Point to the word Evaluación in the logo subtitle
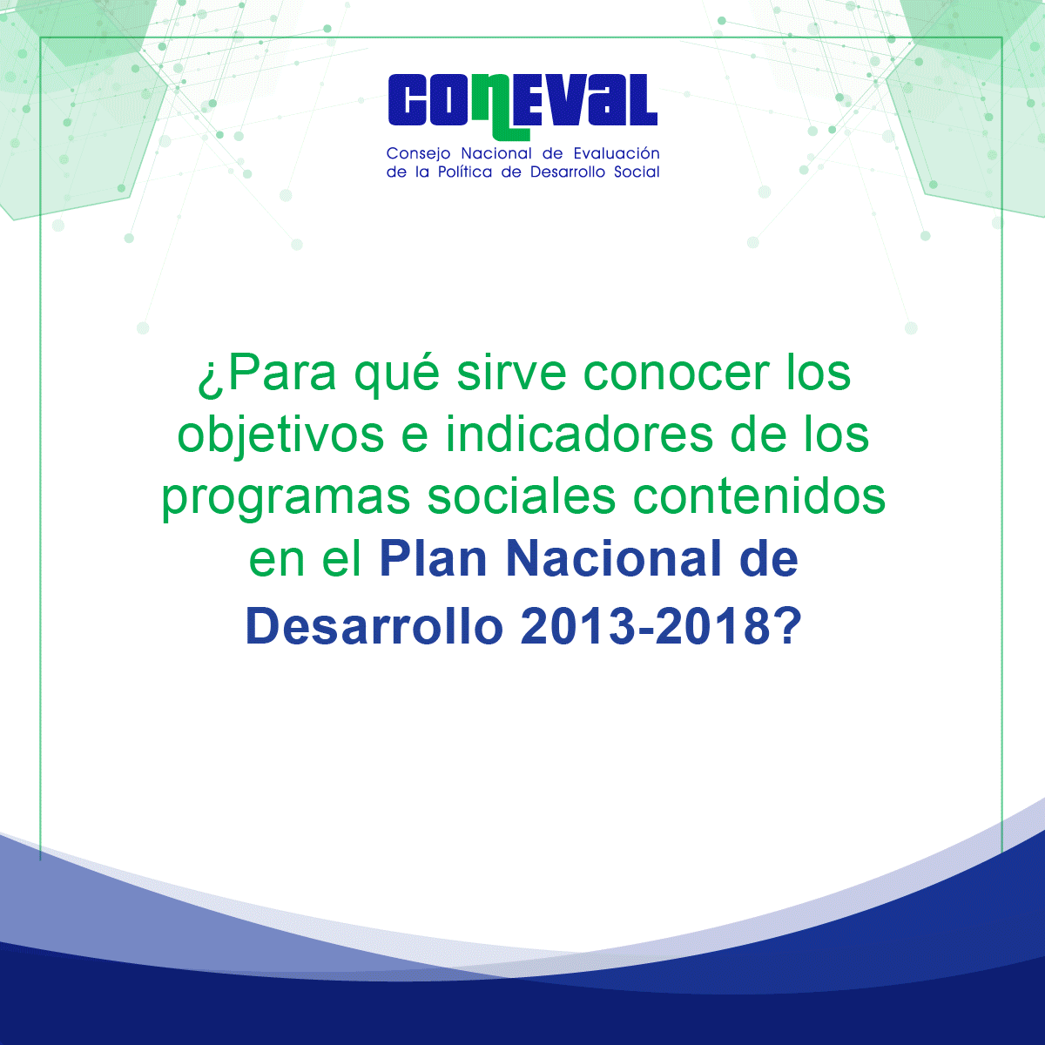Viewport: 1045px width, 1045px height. pos(617,153)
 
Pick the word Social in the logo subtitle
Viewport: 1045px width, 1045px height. pos(637,172)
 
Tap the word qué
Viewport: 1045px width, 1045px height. pos(397,374)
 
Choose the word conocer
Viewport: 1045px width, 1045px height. pos(677,376)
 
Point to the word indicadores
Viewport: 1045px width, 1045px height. pos(578,435)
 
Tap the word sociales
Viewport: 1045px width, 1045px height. pos(522,496)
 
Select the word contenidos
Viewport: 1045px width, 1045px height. pos(759,496)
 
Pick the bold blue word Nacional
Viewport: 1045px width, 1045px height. pos(613,558)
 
